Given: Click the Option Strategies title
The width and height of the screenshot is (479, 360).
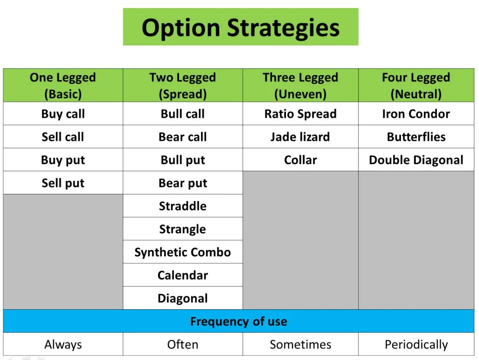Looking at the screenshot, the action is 240,27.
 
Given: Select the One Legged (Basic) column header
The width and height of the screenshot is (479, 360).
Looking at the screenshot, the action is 63,86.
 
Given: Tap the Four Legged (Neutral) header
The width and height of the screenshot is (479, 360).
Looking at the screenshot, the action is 416,86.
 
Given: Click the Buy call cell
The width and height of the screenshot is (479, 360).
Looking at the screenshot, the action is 63,114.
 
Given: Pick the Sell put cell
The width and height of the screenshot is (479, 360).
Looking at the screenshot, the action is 63,183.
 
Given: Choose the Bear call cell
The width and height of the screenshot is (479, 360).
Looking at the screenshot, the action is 182,137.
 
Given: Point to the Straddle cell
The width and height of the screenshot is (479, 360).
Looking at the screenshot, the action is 182,206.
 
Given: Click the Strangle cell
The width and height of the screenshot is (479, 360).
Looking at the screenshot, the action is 182,229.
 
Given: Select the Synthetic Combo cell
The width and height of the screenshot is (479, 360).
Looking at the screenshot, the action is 182,252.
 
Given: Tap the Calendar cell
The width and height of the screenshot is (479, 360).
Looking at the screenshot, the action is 182,275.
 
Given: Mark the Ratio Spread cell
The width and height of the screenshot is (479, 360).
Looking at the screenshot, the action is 301,114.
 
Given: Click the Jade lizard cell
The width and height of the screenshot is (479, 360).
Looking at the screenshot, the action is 301,137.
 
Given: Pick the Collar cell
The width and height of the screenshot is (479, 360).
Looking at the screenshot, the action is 301,160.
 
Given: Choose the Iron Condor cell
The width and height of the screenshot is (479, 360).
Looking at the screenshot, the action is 416,114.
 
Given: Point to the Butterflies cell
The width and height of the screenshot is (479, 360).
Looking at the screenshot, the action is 416,137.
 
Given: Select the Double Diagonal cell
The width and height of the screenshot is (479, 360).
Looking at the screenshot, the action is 416,160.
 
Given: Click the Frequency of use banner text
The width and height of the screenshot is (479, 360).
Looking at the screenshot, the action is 239,321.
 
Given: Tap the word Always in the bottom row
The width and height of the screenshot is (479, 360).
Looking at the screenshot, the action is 63,344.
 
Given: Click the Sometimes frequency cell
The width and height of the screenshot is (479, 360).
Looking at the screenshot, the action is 301,344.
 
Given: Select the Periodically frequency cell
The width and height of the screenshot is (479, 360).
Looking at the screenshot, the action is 416,344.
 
